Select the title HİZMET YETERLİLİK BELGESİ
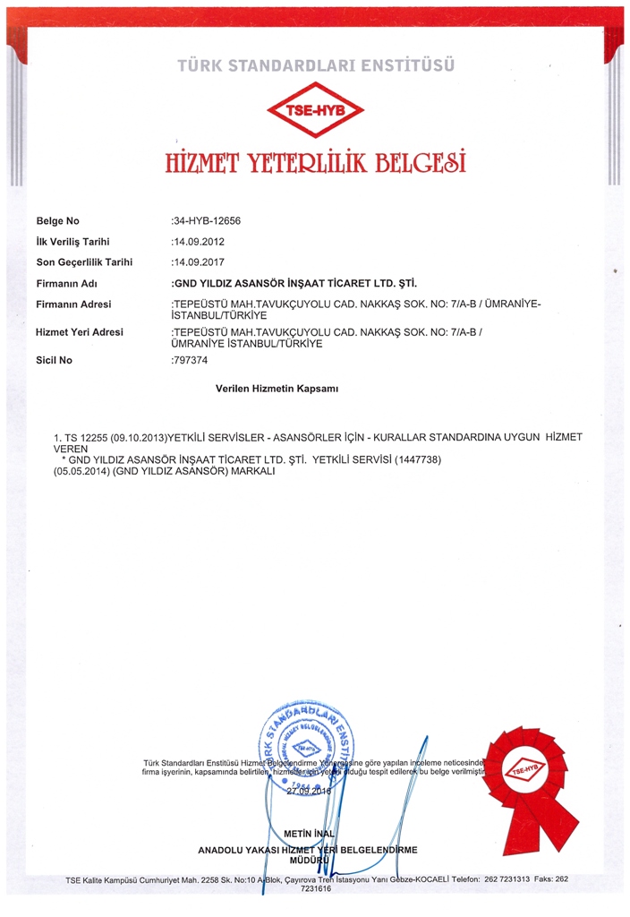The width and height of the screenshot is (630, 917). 315,164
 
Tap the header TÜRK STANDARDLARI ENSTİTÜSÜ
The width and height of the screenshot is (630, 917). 316,65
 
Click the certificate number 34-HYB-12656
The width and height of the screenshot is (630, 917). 206,221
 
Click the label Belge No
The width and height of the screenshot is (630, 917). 58,221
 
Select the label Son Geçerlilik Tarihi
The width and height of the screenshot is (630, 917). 84,262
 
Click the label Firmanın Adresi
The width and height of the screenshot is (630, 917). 73,304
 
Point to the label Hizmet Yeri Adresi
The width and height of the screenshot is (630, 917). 80,332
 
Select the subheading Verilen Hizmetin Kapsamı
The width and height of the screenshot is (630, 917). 277,390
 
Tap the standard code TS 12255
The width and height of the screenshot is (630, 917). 86,437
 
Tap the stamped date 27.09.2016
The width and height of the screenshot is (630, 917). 308,792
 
